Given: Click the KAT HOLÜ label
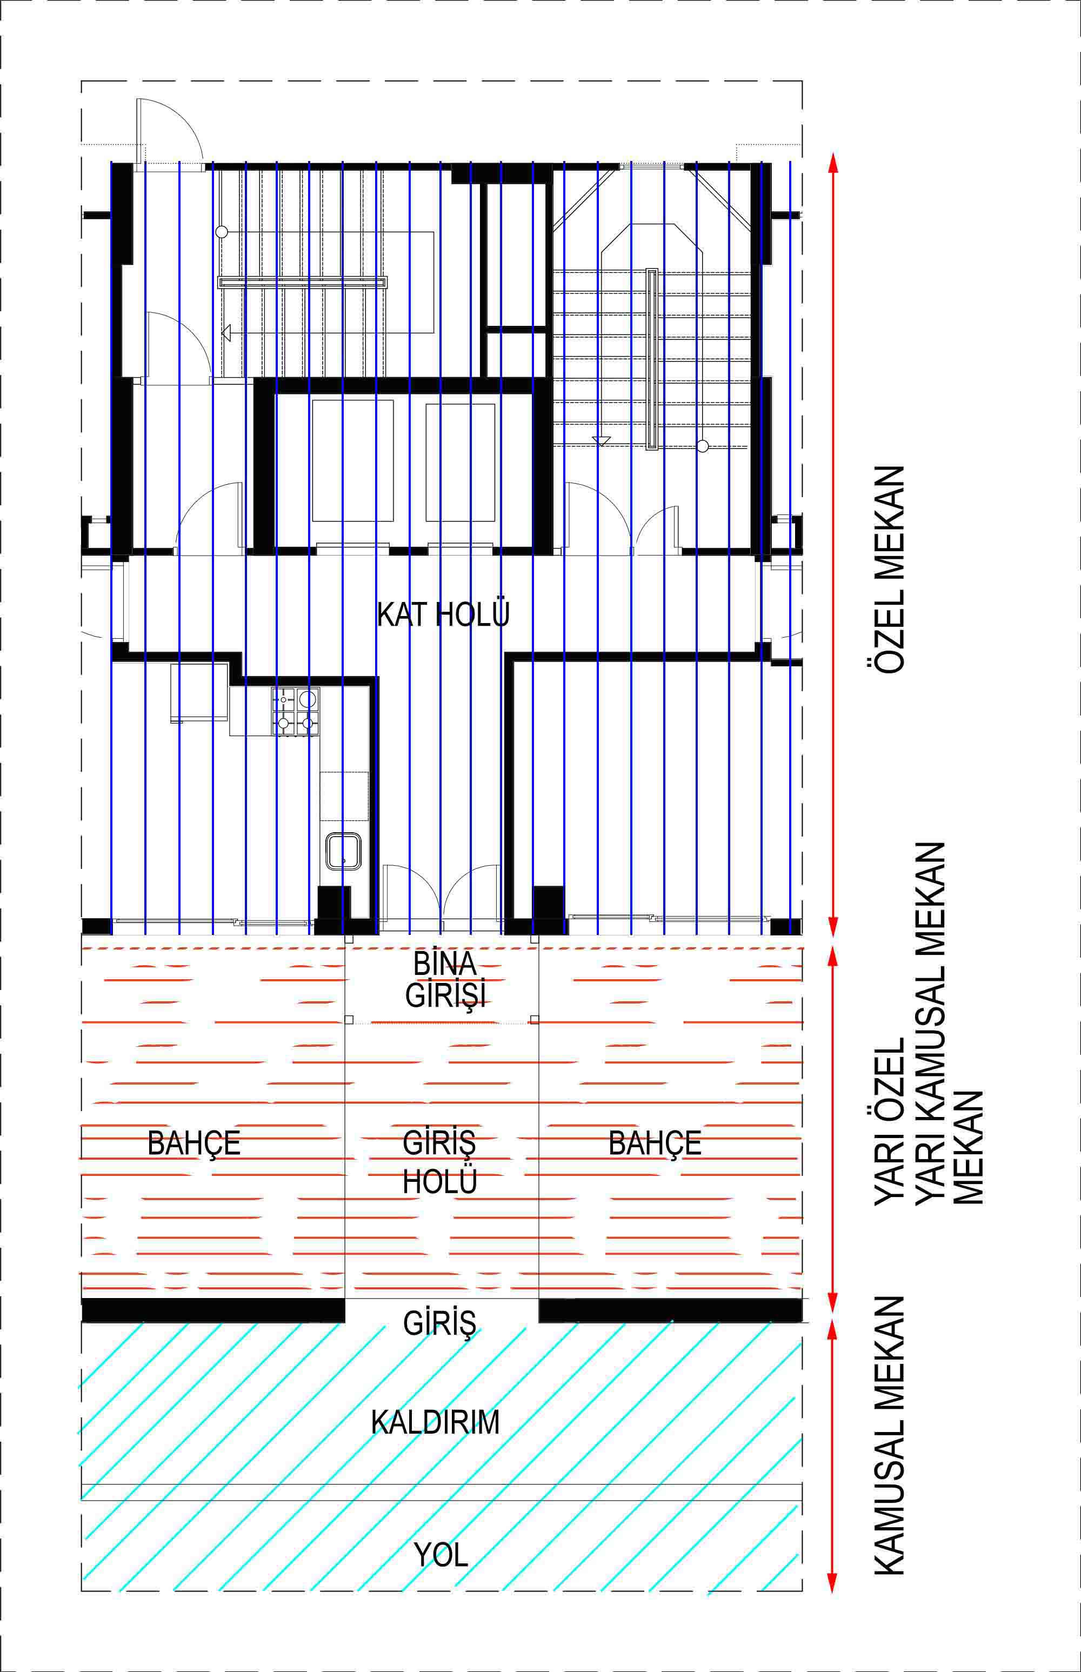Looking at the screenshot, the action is point(443,614).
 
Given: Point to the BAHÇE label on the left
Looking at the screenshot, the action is point(193,1143).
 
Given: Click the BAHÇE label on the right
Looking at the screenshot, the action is point(655,1143).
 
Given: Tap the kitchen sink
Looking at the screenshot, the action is point(343,851).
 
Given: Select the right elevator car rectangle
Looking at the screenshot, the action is point(461,462).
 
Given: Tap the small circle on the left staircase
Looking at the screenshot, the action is point(222,231).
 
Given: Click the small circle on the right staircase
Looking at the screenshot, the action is point(703,445).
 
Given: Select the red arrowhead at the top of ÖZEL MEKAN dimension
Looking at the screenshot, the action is point(833,162).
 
